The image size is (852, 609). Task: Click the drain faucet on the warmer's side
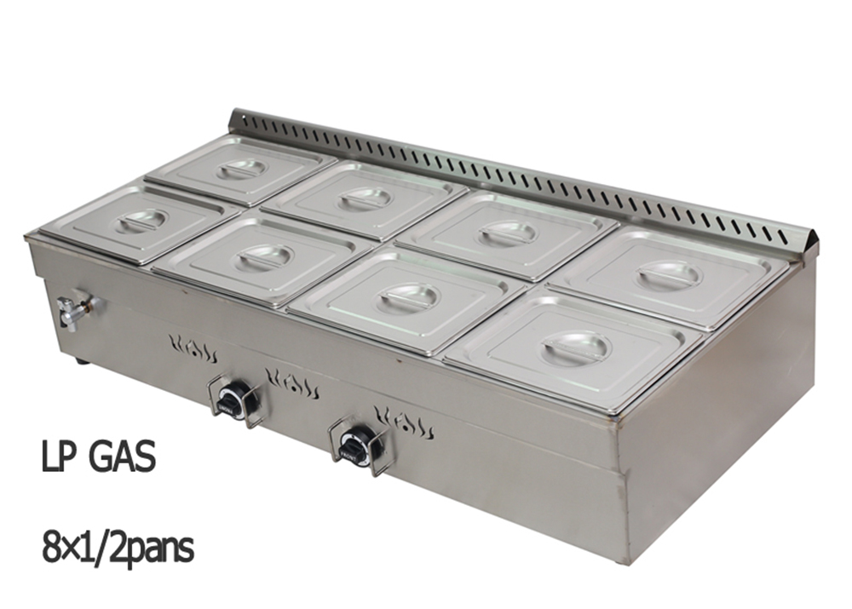[74, 310]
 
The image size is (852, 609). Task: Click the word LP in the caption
[57, 456]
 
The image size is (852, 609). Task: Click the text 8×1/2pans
[118, 549]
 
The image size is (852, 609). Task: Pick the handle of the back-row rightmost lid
[670, 275]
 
